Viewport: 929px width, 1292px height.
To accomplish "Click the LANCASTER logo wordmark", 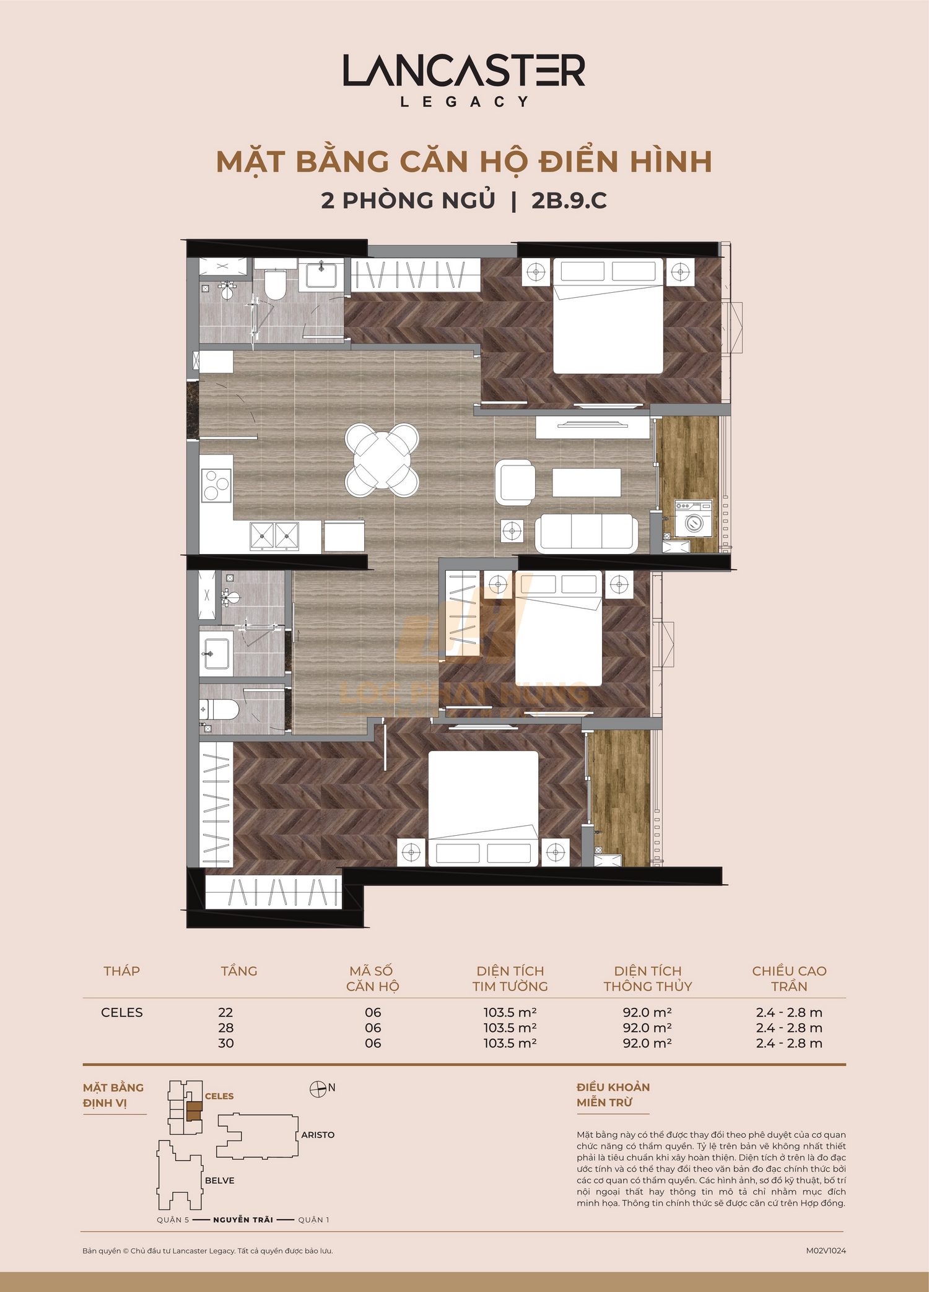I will click(x=464, y=71).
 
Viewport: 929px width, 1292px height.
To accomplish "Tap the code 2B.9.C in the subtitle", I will click(x=569, y=201).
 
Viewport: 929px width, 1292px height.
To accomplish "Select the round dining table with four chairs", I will click(x=382, y=460).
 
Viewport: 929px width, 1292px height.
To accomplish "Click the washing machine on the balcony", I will click(x=693, y=519).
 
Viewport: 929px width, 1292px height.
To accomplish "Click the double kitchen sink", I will click(x=274, y=535).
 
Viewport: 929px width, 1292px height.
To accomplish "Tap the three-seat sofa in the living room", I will click(x=587, y=532).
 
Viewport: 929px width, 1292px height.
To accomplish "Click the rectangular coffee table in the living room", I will click(x=586, y=482).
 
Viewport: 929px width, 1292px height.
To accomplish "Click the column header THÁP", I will click(x=121, y=971).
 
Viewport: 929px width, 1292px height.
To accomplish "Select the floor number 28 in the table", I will click(x=225, y=1028).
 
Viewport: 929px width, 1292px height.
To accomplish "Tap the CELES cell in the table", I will click(x=121, y=1012).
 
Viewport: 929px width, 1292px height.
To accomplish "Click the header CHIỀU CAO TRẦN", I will click(x=788, y=978).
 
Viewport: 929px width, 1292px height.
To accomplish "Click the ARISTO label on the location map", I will click(x=317, y=1135).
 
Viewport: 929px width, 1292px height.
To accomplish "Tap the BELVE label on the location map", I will click(x=219, y=1181).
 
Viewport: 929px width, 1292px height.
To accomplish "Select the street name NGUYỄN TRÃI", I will click(x=243, y=1220).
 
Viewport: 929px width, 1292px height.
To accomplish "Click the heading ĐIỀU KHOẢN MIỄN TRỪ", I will click(x=613, y=1095).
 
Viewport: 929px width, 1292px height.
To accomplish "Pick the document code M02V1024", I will click(x=825, y=1251).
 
